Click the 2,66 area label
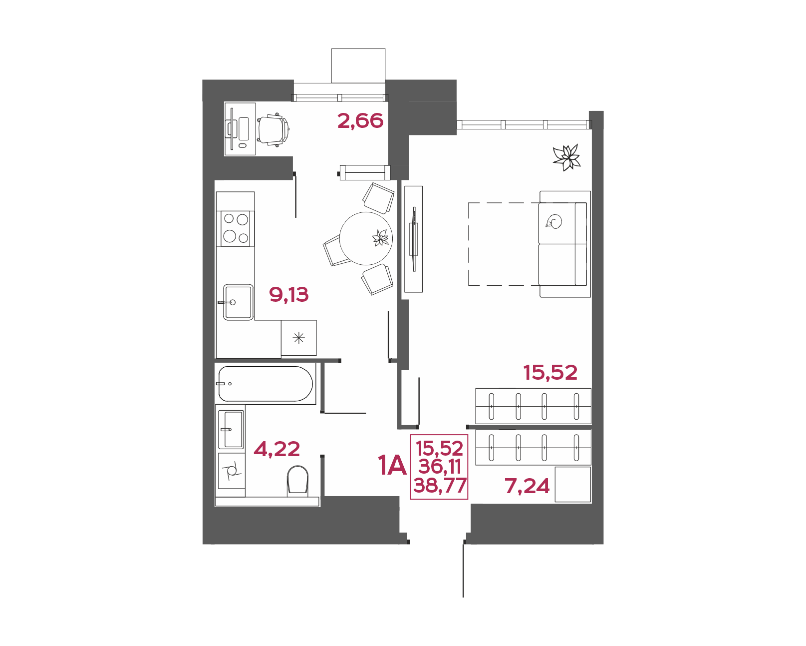click(360, 121)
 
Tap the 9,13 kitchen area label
click(289, 295)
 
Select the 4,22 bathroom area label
click(277, 449)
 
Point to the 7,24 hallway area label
click(527, 486)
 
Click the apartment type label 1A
click(392, 465)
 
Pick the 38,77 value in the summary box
click(440, 485)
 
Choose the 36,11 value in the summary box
click(440, 467)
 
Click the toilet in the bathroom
click(298, 482)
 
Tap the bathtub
click(265, 384)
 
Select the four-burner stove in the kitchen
click(236, 228)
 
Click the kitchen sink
click(238, 302)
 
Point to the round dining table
click(366, 238)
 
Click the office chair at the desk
click(273, 129)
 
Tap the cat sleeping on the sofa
click(554, 222)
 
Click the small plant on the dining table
click(381, 238)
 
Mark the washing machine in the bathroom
click(232, 471)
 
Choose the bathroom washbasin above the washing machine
click(231, 429)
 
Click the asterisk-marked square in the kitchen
click(299, 338)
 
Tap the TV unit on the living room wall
click(414, 239)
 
